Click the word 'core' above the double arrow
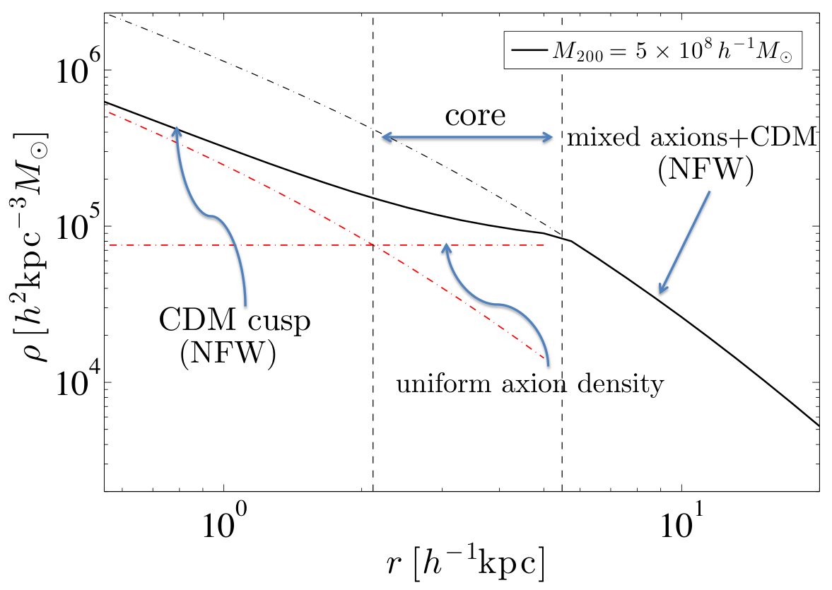click(x=475, y=116)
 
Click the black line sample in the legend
click(x=529, y=50)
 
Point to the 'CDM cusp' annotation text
click(x=235, y=321)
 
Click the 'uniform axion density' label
click(x=530, y=383)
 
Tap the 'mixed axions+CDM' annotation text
click(x=691, y=138)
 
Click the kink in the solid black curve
click(x=571, y=242)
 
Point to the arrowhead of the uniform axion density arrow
click(x=447, y=248)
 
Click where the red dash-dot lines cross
click(x=372, y=245)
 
